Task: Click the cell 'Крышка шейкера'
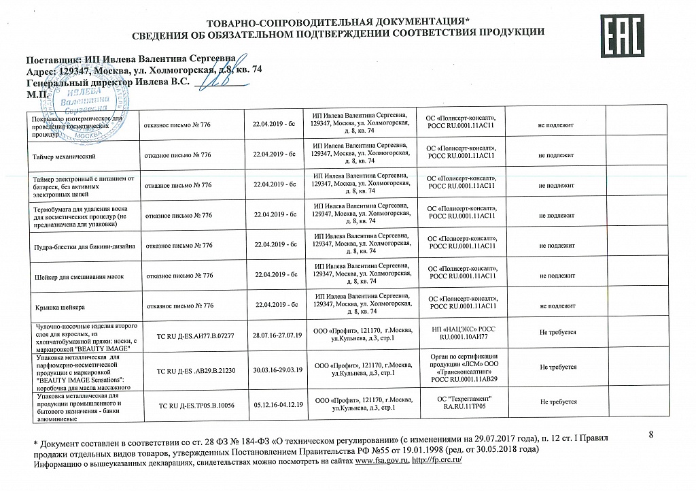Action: pos(60,306)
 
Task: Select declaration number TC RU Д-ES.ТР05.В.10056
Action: pos(196,406)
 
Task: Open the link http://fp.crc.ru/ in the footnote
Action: pos(436,461)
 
